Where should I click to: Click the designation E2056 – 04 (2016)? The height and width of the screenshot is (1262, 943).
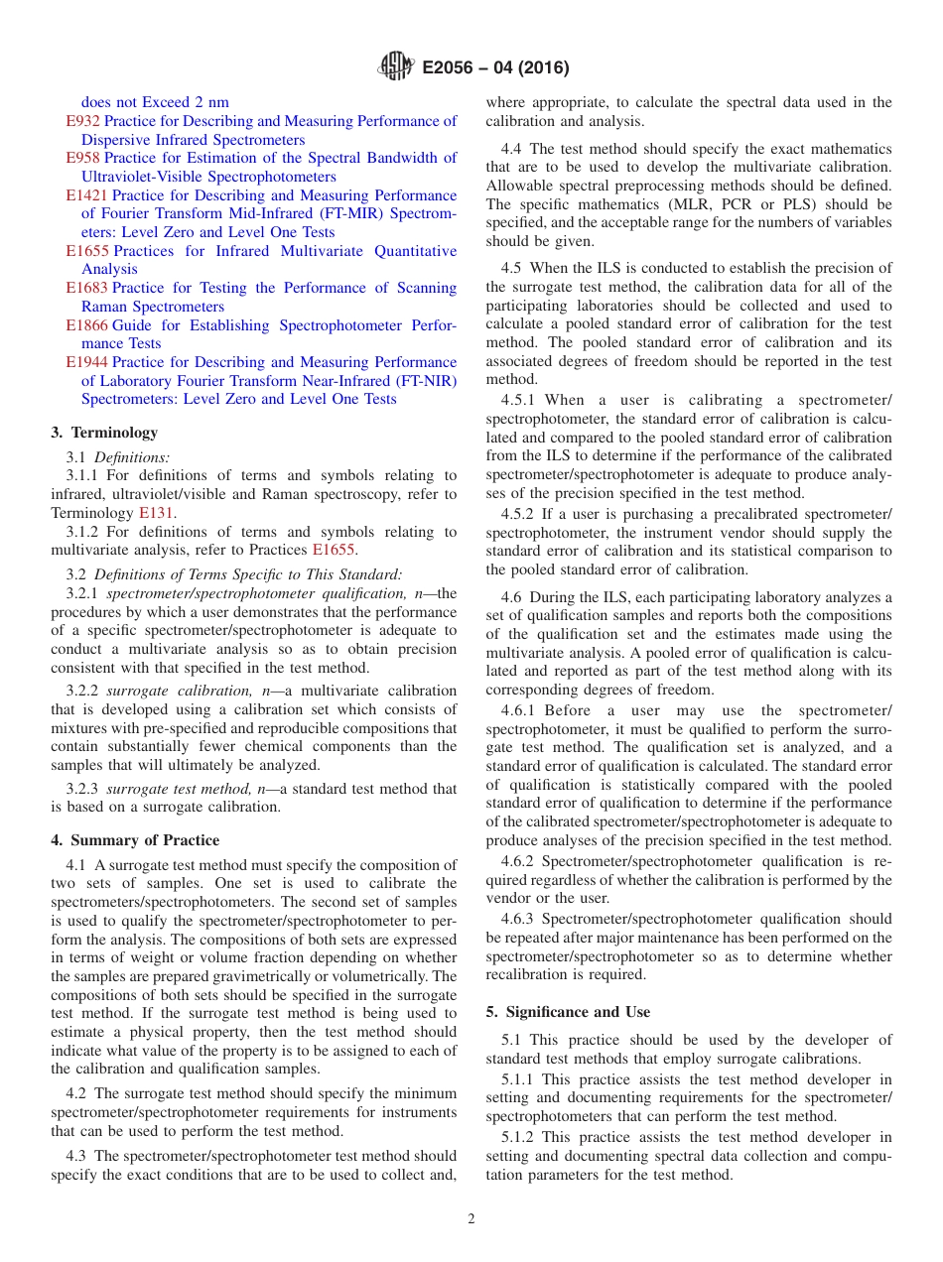[495, 68]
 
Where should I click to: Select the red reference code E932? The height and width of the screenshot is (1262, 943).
[82, 121]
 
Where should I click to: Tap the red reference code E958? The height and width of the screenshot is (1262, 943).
[82, 158]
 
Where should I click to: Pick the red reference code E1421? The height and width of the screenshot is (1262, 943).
[86, 195]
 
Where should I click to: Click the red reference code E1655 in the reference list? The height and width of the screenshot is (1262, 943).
[86, 251]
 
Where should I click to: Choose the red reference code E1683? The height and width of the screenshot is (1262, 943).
[86, 288]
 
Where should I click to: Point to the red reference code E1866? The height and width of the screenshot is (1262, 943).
[86, 325]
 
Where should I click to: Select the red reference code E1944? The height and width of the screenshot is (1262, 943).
[86, 362]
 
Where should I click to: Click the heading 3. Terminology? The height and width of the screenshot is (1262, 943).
[104, 433]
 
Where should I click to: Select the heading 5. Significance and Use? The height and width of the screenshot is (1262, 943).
[568, 1012]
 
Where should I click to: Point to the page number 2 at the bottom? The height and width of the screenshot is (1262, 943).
[471, 1219]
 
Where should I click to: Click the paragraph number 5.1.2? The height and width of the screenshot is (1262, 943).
[522, 1137]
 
